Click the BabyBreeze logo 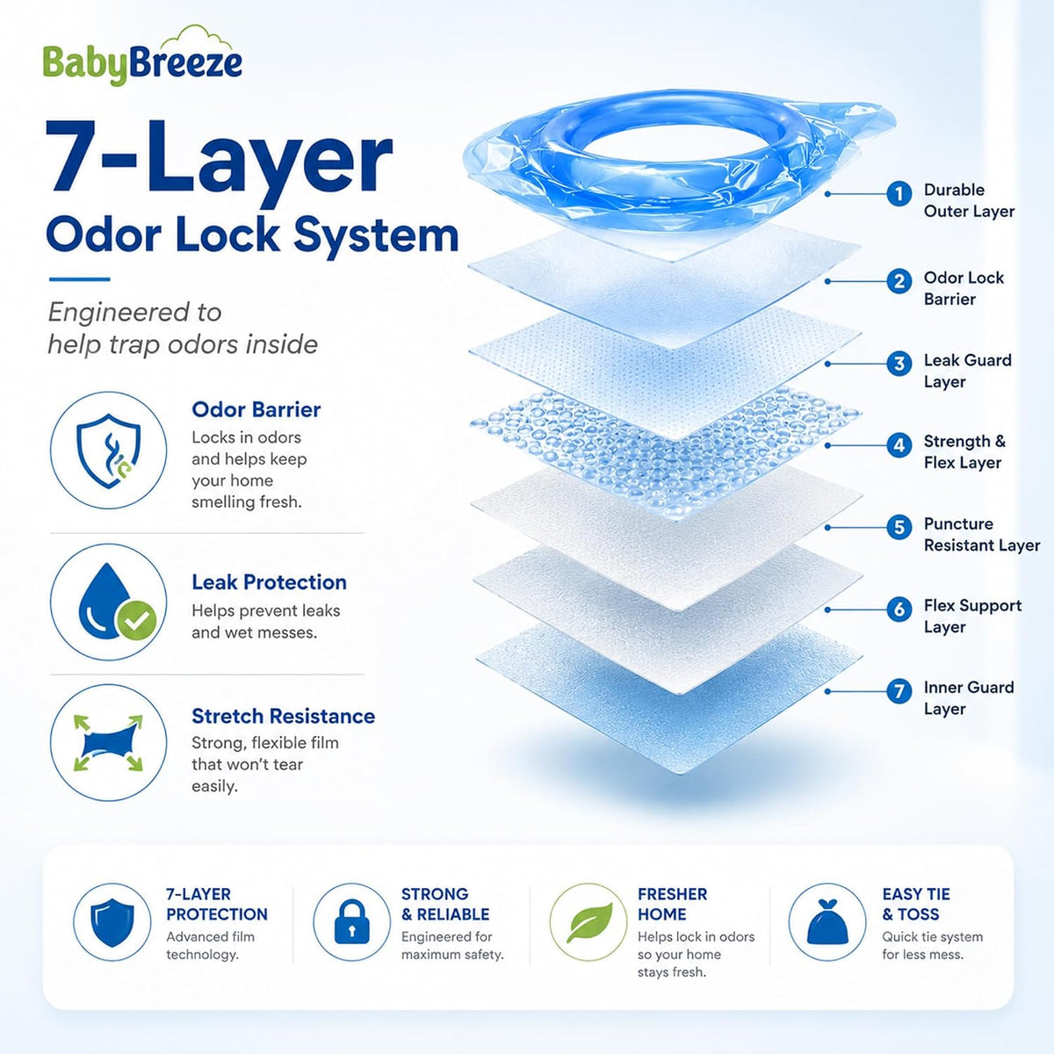[142, 56]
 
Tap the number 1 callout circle [899, 194]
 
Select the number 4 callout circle [899, 445]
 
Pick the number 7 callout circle [899, 691]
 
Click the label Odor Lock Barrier [964, 288]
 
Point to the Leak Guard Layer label [968, 371]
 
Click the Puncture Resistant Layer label [982, 534]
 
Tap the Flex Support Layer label [972, 616]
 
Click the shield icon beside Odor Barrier [108, 451]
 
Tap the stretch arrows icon [108, 743]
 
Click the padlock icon [351, 921]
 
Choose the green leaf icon [589, 922]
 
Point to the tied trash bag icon [827, 921]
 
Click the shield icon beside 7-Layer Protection [112, 922]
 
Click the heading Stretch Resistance [284, 716]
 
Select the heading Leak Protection [269, 582]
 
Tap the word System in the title [376, 236]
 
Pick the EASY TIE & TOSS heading [916, 904]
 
